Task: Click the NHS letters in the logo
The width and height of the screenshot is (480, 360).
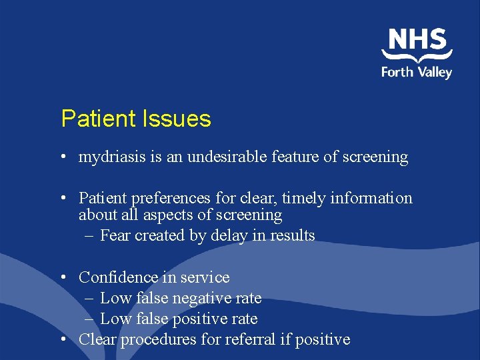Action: point(417,40)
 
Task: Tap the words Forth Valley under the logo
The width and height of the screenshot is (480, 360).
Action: point(417,71)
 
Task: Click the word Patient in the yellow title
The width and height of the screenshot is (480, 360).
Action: point(97,119)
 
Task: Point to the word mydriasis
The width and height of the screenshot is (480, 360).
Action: point(107,157)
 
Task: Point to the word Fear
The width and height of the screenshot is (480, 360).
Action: point(115,235)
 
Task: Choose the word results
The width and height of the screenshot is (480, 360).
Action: point(292,235)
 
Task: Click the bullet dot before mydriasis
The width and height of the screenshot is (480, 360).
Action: point(61,158)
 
